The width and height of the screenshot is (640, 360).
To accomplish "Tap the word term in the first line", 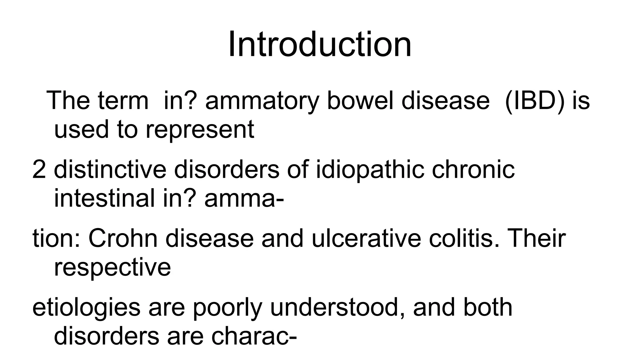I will click(123, 101).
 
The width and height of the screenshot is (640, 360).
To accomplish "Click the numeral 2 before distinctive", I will click(39, 170).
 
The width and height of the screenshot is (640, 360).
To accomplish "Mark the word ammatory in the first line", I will click(262, 101).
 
